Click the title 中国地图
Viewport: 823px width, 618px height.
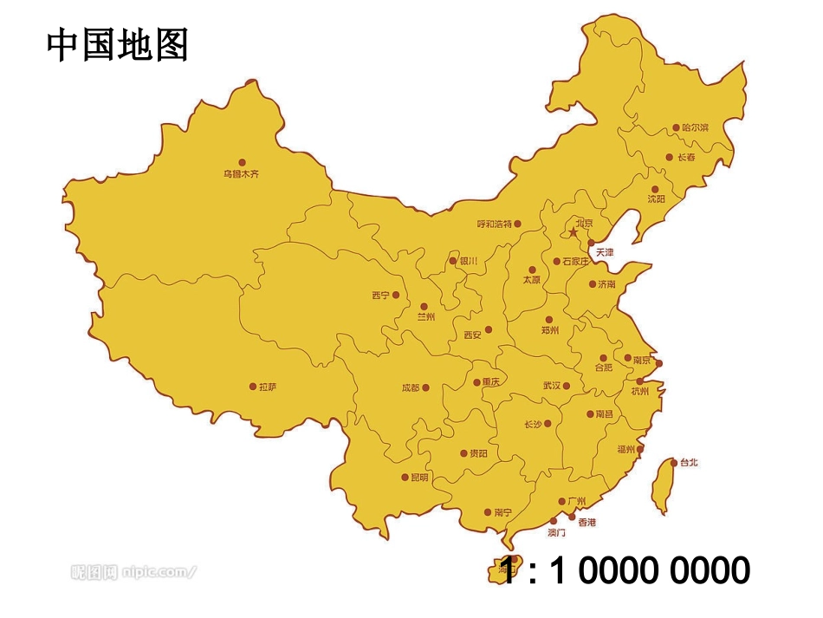pyautogui.click(x=117, y=44)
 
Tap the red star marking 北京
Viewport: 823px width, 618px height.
pyautogui.click(x=573, y=232)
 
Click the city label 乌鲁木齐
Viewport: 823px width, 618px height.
pyautogui.click(x=241, y=173)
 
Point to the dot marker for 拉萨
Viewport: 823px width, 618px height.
pyautogui.click(x=253, y=387)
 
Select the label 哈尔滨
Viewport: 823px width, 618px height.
pyautogui.click(x=695, y=128)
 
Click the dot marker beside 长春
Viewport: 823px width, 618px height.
pyautogui.click(x=669, y=158)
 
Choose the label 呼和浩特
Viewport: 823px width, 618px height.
pyautogui.click(x=494, y=224)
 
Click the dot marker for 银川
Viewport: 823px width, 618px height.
pyautogui.click(x=452, y=261)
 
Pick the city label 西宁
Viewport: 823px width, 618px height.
pyautogui.click(x=380, y=296)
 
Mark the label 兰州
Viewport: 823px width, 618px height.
pyautogui.click(x=425, y=317)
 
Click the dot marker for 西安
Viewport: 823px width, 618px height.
pyautogui.click(x=489, y=329)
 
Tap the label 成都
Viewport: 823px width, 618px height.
pyautogui.click(x=410, y=388)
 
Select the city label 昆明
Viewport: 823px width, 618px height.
pyautogui.click(x=419, y=478)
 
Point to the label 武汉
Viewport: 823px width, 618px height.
pyautogui.click(x=552, y=386)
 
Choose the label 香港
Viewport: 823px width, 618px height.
pyautogui.click(x=586, y=523)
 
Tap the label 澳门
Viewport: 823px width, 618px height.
pyautogui.click(x=556, y=532)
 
